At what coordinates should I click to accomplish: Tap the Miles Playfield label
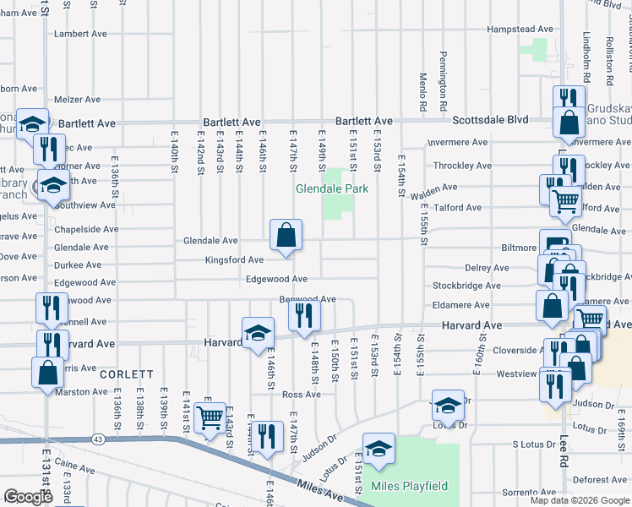pyautogui.click(x=409, y=487)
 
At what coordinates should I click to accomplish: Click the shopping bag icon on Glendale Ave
pyautogui.click(x=286, y=234)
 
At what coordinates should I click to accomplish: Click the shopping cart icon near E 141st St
pyautogui.click(x=209, y=417)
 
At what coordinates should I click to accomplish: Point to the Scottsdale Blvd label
pyautogui.click(x=490, y=120)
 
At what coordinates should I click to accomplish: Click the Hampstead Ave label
pyautogui.click(x=520, y=29)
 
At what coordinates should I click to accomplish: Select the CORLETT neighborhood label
pyautogui.click(x=126, y=373)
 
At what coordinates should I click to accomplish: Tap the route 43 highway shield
pyautogui.click(x=99, y=438)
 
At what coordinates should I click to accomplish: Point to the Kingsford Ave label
pyautogui.click(x=233, y=260)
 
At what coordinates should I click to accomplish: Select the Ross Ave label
pyautogui.click(x=301, y=395)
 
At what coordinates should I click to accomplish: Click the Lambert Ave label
pyautogui.click(x=80, y=35)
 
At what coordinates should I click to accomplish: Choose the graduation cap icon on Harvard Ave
pyautogui.click(x=258, y=331)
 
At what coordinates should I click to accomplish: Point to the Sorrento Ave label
pyautogui.click(x=529, y=492)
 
